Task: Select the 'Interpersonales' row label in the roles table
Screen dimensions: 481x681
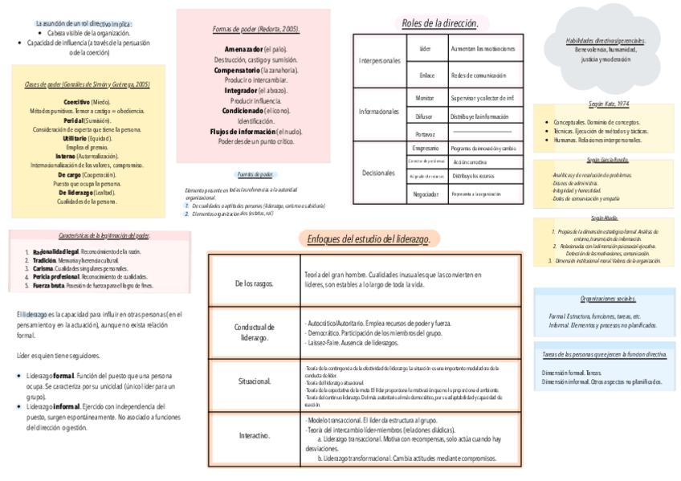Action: (x=379, y=61)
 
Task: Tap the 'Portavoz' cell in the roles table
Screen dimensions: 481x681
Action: (x=425, y=133)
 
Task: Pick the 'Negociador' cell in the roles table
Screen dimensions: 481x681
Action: (x=425, y=194)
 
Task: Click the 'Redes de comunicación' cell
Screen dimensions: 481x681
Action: (x=479, y=75)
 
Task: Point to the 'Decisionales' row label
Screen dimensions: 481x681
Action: (x=379, y=172)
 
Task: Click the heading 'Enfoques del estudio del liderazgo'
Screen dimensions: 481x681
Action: (x=369, y=239)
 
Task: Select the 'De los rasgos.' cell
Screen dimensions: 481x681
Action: (x=254, y=283)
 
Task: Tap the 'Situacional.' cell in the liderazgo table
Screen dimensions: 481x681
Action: (x=254, y=381)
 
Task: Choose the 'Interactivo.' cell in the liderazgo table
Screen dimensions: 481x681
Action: (x=254, y=435)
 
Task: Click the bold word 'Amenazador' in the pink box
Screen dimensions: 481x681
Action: (x=243, y=50)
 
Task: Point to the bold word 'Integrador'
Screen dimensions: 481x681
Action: (x=247, y=92)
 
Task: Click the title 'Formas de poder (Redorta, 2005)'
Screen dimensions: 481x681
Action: (x=256, y=30)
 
